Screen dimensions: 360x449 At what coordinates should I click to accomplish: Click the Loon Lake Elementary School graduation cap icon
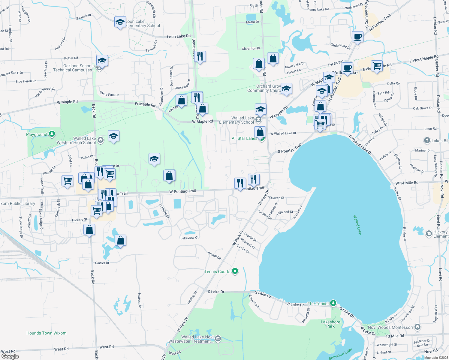tap(120, 22)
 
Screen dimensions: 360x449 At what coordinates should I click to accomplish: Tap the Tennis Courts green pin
tap(235, 271)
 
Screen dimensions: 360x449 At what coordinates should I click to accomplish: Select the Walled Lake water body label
tap(357, 225)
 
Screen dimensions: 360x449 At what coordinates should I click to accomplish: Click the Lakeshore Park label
tap(330, 324)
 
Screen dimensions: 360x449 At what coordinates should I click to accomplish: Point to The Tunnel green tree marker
tap(333, 303)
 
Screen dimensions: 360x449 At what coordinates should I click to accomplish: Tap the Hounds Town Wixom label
tap(46, 333)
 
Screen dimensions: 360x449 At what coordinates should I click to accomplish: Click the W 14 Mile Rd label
tap(407, 183)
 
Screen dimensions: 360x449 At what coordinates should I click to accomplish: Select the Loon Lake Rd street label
tap(179, 36)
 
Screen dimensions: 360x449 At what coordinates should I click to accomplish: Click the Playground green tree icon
tap(52, 134)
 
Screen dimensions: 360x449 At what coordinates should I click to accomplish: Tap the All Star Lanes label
tap(244, 138)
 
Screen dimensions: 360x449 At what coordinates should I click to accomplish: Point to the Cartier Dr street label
tap(102, 263)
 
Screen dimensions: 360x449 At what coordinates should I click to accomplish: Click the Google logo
tap(10, 356)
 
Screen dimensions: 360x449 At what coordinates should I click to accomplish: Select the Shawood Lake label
tap(340, 354)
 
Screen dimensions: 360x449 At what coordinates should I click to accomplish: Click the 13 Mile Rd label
tap(395, 336)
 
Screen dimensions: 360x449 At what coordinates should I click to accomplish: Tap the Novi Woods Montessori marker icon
tap(417, 327)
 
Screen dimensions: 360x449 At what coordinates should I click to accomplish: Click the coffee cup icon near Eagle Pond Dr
tap(357, 37)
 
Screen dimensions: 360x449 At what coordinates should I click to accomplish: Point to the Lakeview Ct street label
tap(189, 238)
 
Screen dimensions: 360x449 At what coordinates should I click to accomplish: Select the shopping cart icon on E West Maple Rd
tap(377, 65)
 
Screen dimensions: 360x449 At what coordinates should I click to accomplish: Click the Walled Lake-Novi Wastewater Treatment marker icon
tap(218, 339)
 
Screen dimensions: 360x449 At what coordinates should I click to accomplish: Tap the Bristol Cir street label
tap(214, 256)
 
